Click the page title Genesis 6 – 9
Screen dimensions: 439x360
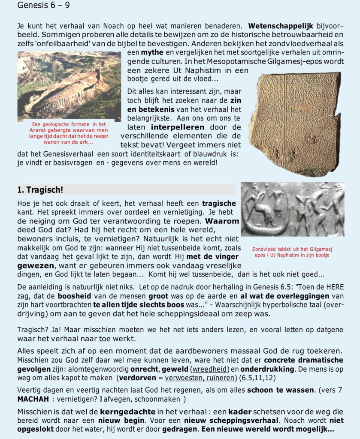[40, 6]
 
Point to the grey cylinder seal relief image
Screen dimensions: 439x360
[292, 209]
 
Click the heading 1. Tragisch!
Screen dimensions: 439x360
[40, 189]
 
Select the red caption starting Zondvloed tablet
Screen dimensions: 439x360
[293, 252]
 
